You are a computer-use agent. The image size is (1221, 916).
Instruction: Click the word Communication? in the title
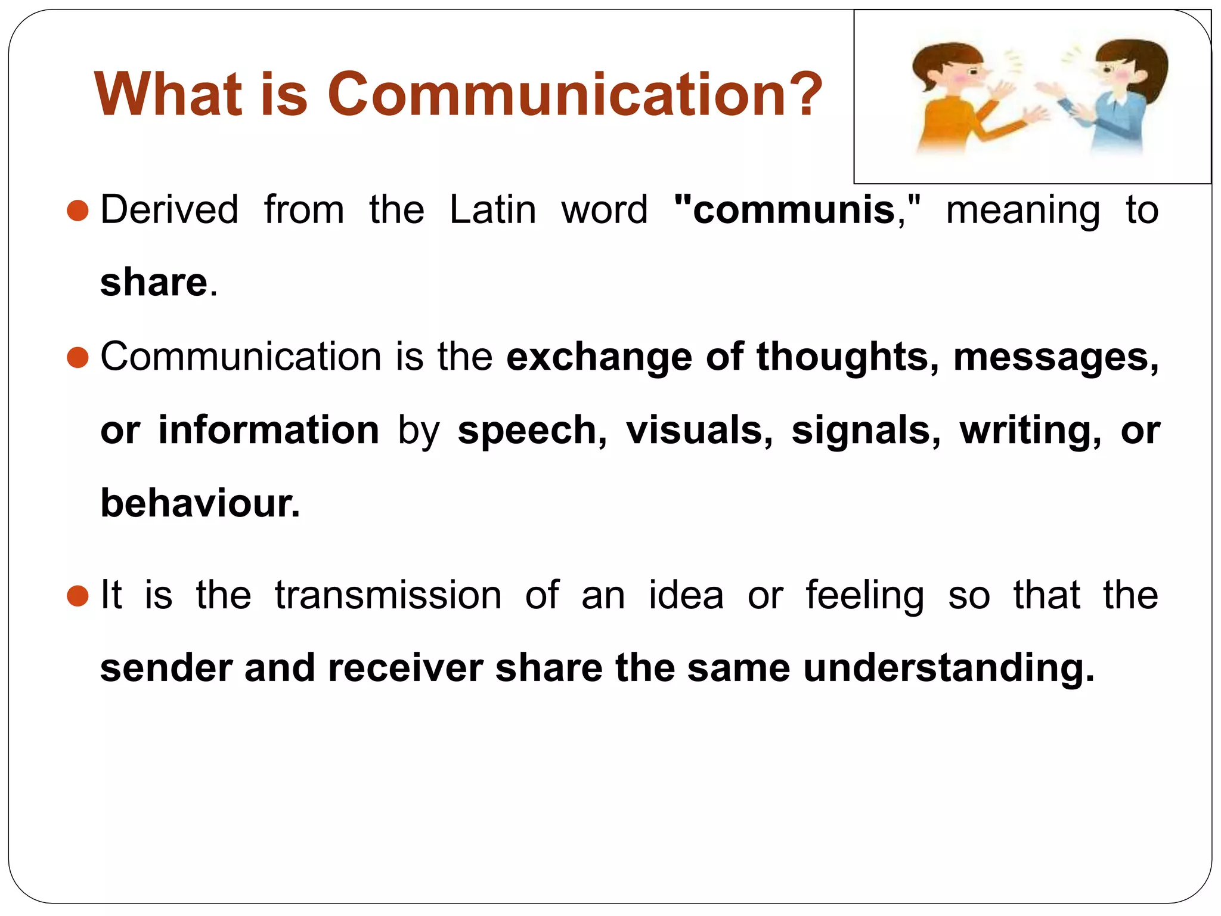(x=575, y=94)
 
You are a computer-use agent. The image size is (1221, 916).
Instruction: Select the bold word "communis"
(x=793, y=210)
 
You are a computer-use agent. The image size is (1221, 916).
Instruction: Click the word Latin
(x=492, y=210)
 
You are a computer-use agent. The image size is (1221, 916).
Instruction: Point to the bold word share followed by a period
(x=154, y=282)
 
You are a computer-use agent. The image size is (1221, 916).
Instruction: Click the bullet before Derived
(x=78, y=211)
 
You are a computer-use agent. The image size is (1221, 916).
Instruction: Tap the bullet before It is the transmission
(x=78, y=595)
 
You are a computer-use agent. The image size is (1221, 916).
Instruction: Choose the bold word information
(x=268, y=430)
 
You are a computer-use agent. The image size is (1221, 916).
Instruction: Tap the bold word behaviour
(x=200, y=503)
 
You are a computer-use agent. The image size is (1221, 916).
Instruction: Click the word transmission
(x=388, y=595)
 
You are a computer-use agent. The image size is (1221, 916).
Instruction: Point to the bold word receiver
(x=405, y=668)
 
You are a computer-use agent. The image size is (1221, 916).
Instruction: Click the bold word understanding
(x=948, y=668)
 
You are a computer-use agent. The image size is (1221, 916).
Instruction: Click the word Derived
(x=169, y=210)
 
